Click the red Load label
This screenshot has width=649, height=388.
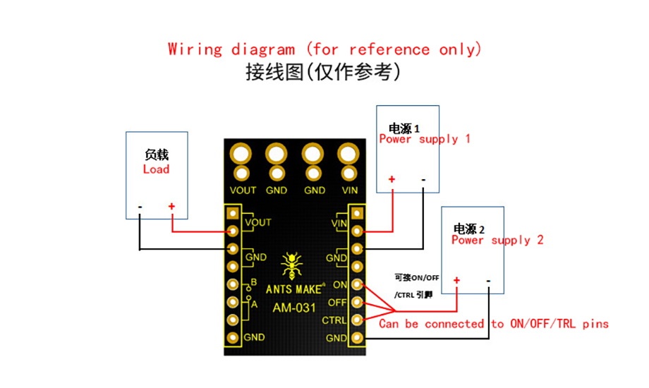pyautogui.click(x=156, y=169)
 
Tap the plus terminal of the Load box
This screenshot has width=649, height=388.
pyautogui.click(x=171, y=206)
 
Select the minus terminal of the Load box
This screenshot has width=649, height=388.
pyautogui.click(x=140, y=207)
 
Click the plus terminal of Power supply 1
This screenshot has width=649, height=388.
pyautogui.click(x=392, y=179)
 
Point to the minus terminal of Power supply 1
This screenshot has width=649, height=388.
pyautogui.click(x=423, y=180)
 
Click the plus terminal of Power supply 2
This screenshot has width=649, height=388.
pyautogui.click(x=456, y=280)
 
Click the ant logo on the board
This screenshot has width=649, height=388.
pyautogui.click(x=291, y=265)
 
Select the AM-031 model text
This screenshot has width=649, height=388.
pyautogui.click(x=294, y=308)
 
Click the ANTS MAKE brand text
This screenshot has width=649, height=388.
pyautogui.click(x=295, y=289)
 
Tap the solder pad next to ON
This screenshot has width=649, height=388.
pyautogui.click(x=357, y=284)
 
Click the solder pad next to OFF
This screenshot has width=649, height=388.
pyautogui.click(x=357, y=302)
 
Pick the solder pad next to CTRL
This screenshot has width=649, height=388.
pyautogui.click(x=357, y=320)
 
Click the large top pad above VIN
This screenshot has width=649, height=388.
pyautogui.click(x=348, y=154)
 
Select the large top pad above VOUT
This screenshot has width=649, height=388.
pyautogui.click(x=241, y=154)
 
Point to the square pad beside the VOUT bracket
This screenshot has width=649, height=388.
pyautogui.click(x=233, y=213)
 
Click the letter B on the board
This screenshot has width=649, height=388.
pyautogui.click(x=254, y=282)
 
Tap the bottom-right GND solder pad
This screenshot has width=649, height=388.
pyautogui.click(x=357, y=338)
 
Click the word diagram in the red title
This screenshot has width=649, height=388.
pyautogui.click(x=263, y=49)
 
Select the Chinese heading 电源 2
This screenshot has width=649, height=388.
pyautogui.click(x=469, y=229)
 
